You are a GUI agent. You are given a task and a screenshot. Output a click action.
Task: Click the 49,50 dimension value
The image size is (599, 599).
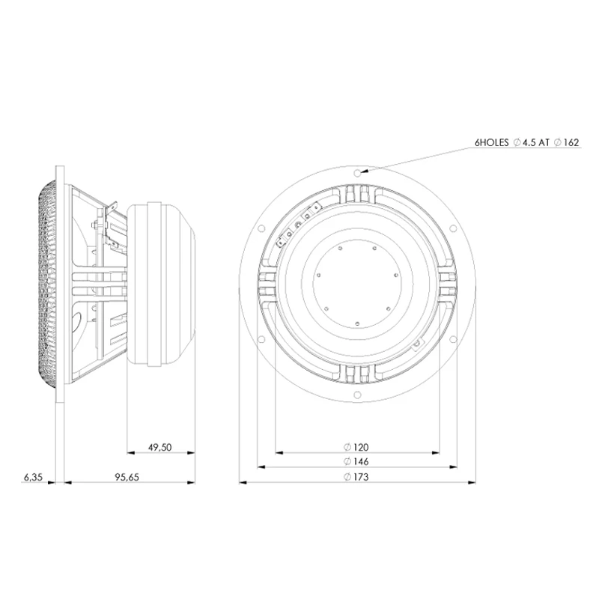(159, 447)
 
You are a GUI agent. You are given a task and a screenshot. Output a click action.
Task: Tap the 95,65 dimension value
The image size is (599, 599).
(126, 477)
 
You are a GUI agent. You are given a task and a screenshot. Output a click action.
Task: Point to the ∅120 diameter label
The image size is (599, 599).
(356, 447)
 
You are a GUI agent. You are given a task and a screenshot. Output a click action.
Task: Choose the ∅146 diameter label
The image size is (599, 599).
(356, 462)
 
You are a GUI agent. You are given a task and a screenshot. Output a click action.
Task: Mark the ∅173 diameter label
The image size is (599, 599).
(356, 477)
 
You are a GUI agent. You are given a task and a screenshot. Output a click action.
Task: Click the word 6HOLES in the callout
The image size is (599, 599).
(492, 142)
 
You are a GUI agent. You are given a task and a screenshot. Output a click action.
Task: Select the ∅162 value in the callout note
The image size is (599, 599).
(566, 142)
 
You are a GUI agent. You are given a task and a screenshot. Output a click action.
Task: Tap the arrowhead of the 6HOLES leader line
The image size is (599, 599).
(364, 171)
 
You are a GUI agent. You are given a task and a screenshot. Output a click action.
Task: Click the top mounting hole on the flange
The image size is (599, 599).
(358, 171)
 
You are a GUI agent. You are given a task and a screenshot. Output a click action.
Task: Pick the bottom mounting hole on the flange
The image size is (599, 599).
(358, 395)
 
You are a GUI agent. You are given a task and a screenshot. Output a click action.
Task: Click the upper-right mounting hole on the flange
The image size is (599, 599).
(454, 228)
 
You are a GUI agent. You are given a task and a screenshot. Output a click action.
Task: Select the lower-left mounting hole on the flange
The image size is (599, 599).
(261, 338)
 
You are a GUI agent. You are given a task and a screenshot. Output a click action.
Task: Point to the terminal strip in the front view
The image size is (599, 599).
(297, 225)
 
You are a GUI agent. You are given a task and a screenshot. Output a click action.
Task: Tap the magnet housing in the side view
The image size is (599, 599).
(161, 282)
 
